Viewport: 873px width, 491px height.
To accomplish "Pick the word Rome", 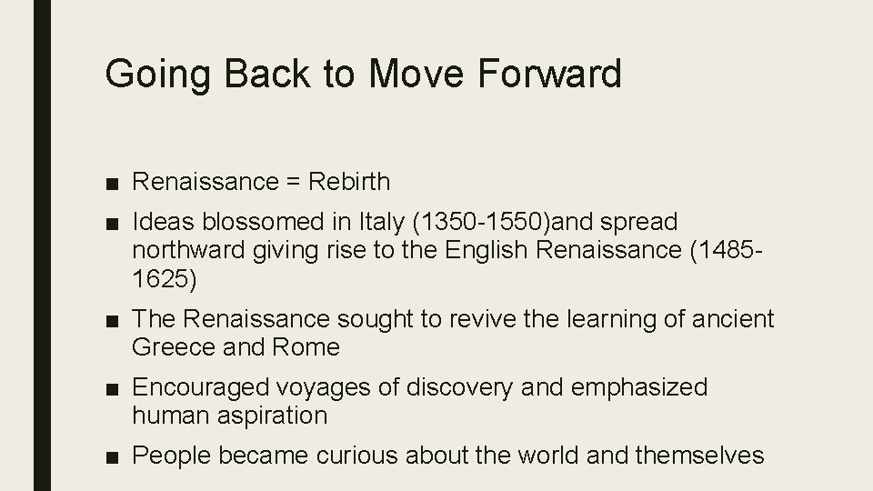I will (305, 346).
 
